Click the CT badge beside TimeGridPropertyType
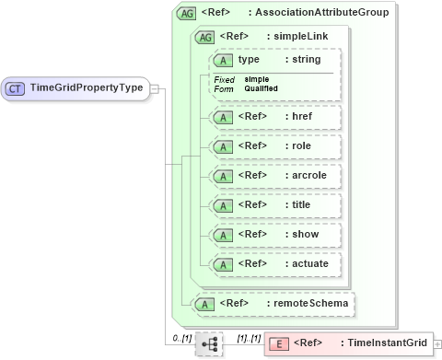pyautogui.click(x=16, y=88)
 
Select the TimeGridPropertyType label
pyautogui.click(x=87, y=88)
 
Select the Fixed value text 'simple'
pyautogui.click(x=257, y=79)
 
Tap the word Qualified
pyautogui.click(x=262, y=88)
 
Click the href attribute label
pyautogui.click(x=300, y=117)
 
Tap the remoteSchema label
pyautogui.click(x=308, y=302)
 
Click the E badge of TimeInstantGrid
pyautogui.click(x=280, y=343)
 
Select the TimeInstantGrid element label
pyautogui.click(x=386, y=343)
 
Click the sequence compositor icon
pyautogui.click(x=209, y=343)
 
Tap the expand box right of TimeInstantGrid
pyautogui.click(x=437, y=343)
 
